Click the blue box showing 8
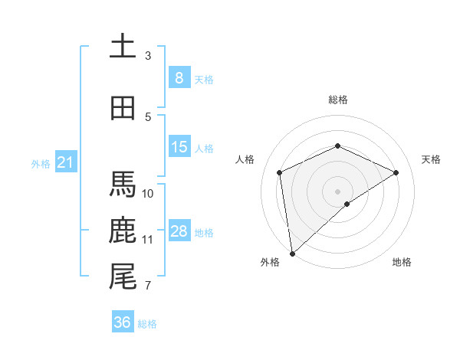(179, 77)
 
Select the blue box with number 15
(179, 147)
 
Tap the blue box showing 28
(179, 231)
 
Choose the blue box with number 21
(65, 162)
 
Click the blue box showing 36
(122, 322)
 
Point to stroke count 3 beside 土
(148, 55)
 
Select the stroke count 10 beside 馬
(148, 193)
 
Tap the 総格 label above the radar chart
(337, 100)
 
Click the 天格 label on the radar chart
(431, 159)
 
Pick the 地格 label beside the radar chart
(402, 262)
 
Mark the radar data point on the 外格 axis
(292, 253)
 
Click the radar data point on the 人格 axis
(280, 172)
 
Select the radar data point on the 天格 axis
(396, 172)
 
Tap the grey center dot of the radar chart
(337, 191)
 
